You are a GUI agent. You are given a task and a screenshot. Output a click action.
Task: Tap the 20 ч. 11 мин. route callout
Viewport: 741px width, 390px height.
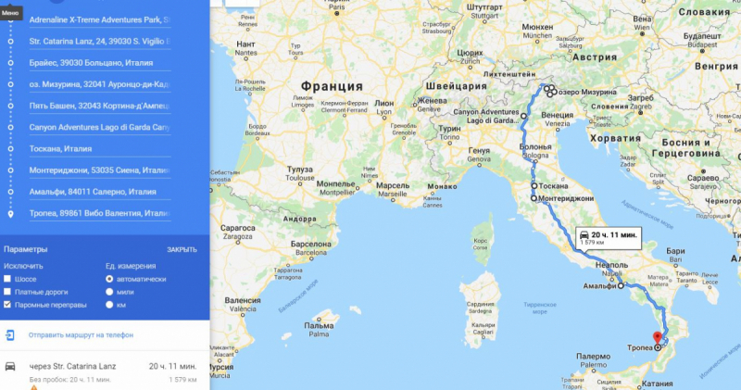pos(608,237)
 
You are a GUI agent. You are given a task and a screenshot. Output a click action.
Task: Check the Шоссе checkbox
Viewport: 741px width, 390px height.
pos(8,279)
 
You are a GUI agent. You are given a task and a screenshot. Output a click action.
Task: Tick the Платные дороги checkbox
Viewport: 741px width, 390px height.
pos(8,292)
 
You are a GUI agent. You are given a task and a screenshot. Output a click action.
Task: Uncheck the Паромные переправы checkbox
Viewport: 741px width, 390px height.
pos(8,305)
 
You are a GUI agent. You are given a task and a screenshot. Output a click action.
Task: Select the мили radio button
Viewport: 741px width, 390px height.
pos(110,292)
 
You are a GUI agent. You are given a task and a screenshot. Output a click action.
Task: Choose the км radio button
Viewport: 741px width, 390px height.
pos(110,305)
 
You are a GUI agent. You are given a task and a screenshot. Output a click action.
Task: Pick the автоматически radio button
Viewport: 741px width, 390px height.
pos(110,279)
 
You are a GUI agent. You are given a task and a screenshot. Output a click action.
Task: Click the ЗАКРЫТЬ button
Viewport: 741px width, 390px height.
pos(182,250)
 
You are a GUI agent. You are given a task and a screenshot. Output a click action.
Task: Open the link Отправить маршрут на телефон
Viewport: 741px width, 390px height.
pos(81,334)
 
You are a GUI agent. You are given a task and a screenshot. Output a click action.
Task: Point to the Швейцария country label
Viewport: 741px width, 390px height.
pos(451,86)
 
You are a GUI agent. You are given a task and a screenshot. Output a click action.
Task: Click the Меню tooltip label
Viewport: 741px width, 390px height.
pos(10,12)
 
